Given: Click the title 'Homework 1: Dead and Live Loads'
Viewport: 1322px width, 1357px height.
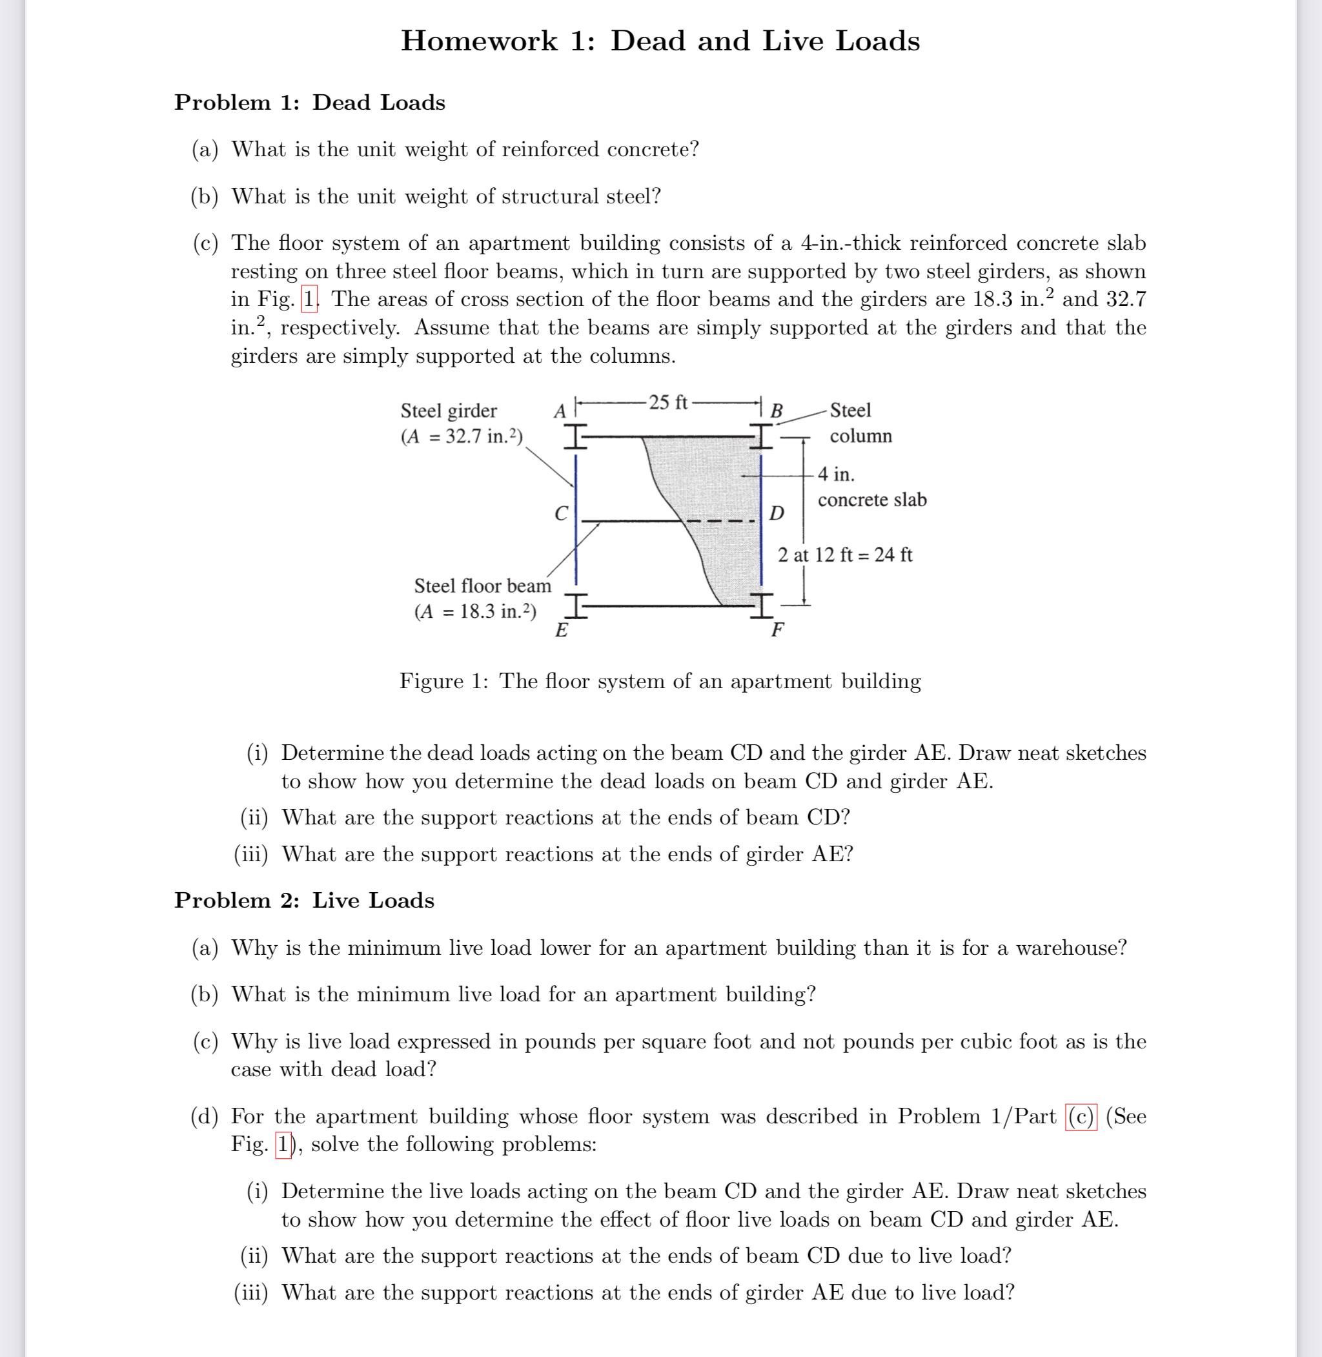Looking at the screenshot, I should (660, 41).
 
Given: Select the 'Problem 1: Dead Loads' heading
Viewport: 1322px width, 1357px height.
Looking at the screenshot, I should (310, 103).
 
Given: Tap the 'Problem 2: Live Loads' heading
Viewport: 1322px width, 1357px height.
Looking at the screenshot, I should (304, 900).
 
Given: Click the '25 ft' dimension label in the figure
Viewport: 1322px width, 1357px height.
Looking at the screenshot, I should (668, 402).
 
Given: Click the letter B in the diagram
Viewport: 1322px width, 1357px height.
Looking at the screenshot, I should (777, 411).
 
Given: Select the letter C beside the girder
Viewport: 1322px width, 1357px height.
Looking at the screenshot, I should (561, 514).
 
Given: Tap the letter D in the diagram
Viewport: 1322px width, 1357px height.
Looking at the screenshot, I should (777, 514).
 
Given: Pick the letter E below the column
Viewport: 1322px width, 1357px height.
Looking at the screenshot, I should (561, 631).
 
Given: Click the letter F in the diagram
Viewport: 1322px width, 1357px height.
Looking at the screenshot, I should (778, 631).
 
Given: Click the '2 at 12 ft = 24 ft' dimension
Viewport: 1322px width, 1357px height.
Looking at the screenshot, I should (845, 555).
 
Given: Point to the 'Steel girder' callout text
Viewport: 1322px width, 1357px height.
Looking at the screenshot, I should (449, 411).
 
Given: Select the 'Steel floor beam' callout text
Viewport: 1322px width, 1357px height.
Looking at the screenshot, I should (483, 586).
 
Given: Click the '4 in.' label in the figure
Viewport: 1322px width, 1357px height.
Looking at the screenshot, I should (836, 474).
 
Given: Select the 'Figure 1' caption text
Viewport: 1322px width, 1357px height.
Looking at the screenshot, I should (660, 680).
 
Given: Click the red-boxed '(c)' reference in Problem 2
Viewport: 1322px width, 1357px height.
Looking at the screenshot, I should (1081, 1117).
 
